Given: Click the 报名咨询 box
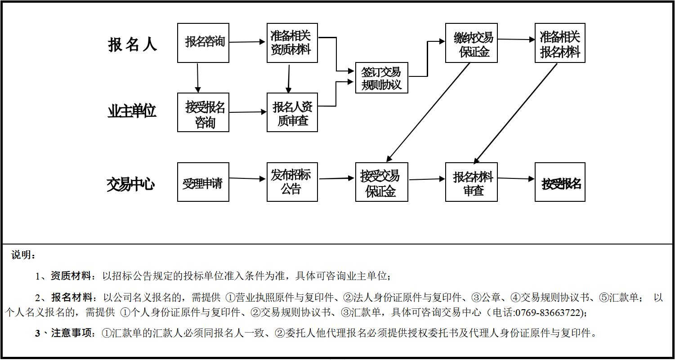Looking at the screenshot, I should point(203,43).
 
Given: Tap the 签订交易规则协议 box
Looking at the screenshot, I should point(381,78).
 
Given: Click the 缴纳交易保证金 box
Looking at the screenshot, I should point(471,43).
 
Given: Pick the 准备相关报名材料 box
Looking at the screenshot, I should point(560,43).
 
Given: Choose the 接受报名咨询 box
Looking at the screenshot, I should point(203,112).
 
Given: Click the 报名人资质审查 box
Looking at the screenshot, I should point(292,112).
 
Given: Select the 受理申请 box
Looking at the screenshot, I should point(203,182).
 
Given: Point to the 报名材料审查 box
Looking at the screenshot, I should point(471,182).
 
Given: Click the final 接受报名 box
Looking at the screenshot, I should point(560,182).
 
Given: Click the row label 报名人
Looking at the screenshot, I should point(132,44).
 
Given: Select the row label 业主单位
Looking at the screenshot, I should point(132,111).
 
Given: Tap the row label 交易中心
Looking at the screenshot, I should point(131,184).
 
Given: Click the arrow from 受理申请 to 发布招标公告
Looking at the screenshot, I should point(248,178).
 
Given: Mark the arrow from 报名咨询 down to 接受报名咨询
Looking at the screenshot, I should point(197,77).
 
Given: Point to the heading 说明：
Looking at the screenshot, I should point(23,255).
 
